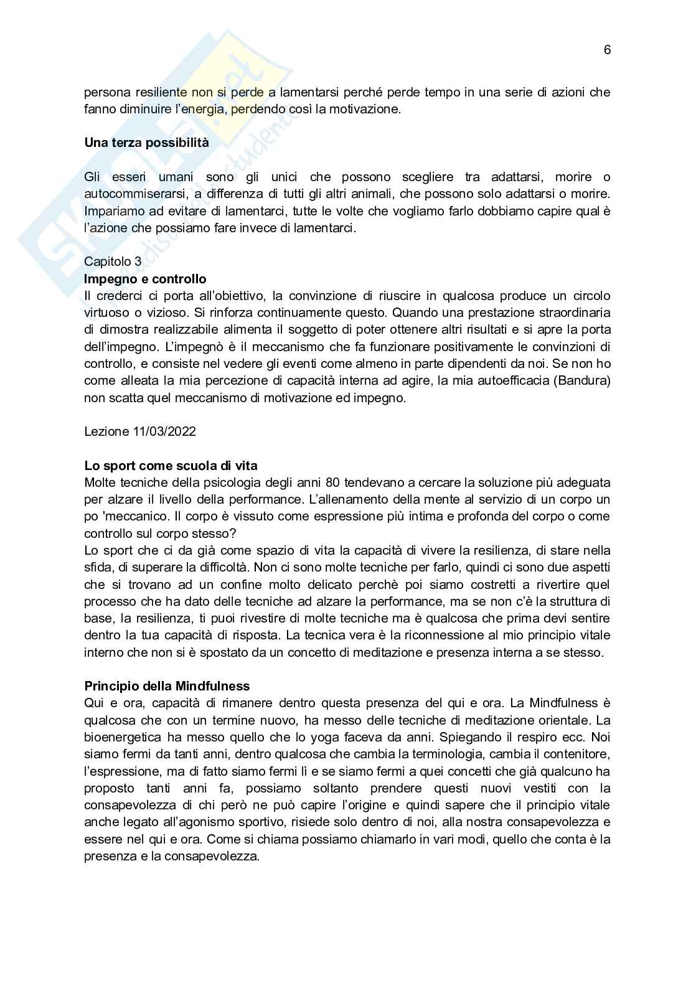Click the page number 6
tap(607, 50)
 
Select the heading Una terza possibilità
tap(146, 143)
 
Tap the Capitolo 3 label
tap(113, 261)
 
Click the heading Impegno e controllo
tap(145, 278)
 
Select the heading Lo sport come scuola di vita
tap(171, 465)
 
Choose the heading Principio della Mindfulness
tap(167, 686)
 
